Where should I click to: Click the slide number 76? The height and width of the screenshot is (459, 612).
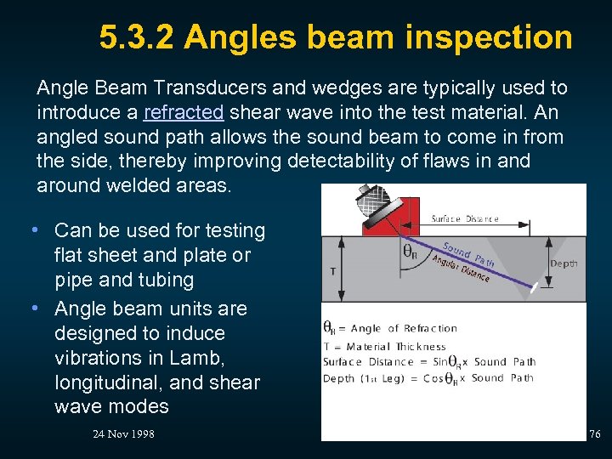pos(594,434)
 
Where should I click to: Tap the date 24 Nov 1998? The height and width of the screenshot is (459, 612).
pos(123,434)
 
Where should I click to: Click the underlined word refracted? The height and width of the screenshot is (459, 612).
pos(184,112)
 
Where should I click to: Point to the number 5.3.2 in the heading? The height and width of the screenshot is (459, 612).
pos(136,37)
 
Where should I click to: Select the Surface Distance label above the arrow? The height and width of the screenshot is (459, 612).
pos(465,218)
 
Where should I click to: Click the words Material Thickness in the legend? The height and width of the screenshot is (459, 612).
pos(397,346)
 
